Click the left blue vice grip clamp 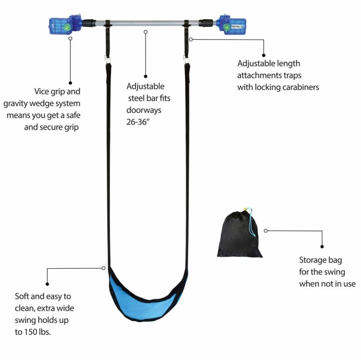tap(65, 25)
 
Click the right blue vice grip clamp tap(231, 25)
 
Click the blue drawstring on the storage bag tap(251, 222)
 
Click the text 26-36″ tap(138, 122)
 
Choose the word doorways tap(144, 110)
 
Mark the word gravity tap(15, 104)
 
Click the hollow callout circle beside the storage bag tap(266, 231)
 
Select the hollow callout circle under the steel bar tap(145, 32)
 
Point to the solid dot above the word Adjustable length tap(264, 55)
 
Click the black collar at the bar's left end tap(89, 23)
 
